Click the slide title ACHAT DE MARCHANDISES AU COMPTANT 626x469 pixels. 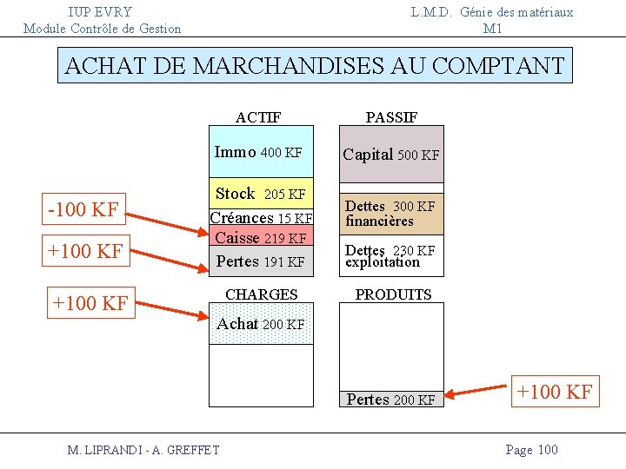[x=315, y=65]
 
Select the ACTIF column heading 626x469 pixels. [x=258, y=117]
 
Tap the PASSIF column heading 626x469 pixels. [x=391, y=117]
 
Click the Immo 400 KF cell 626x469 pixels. [x=260, y=153]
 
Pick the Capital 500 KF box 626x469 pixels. [x=391, y=155]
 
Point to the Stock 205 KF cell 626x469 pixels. [x=260, y=194]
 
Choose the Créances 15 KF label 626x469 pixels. [x=261, y=218]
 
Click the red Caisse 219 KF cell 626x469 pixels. [x=260, y=237]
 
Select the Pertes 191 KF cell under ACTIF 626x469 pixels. [x=260, y=261]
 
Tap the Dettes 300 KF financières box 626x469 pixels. [x=391, y=214]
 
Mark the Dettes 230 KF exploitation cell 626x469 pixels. [x=391, y=256]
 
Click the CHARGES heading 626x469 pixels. [x=261, y=294]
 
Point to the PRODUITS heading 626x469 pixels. [x=393, y=294]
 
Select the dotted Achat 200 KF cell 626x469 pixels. [x=260, y=324]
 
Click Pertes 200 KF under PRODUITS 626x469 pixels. [x=390, y=400]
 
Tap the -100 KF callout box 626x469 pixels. [x=84, y=209]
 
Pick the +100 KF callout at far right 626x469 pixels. [x=555, y=391]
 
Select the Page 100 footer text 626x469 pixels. [x=531, y=449]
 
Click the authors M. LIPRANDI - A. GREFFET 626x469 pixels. [x=143, y=449]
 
